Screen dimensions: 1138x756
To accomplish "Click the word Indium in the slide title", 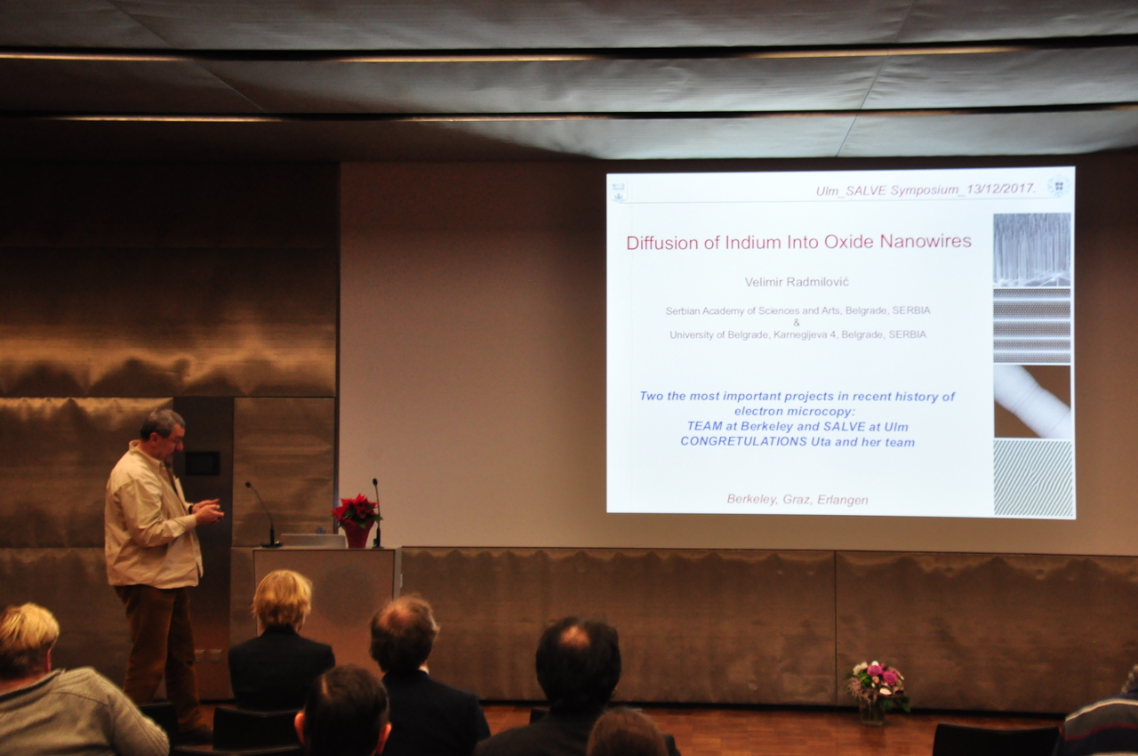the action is click(x=752, y=242).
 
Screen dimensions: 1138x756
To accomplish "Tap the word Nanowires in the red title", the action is click(x=926, y=241).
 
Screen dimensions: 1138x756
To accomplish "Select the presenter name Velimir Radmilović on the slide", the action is click(x=797, y=282).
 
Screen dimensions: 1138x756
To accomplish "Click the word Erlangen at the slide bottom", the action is click(x=843, y=500).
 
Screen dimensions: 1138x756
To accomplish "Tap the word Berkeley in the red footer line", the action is click(x=752, y=500).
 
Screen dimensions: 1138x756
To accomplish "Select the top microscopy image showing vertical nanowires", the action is click(x=1032, y=250).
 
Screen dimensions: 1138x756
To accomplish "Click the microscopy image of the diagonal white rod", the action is click(x=1032, y=401).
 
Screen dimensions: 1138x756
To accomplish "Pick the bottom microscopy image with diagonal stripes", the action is click(x=1033, y=479).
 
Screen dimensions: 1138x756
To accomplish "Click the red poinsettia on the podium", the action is click(x=357, y=511).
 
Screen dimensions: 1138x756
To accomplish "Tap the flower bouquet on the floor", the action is click(x=877, y=683).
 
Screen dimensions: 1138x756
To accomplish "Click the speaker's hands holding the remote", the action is click(x=209, y=511).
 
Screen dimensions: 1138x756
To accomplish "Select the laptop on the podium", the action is click(x=313, y=541).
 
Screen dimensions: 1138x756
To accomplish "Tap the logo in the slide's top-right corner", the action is click(x=1058, y=187).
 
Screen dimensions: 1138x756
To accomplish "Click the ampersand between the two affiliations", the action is click(x=796, y=322).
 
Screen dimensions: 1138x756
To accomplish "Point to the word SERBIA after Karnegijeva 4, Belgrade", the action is click(x=908, y=334).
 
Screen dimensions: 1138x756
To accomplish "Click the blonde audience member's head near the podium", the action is click(x=283, y=599).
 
